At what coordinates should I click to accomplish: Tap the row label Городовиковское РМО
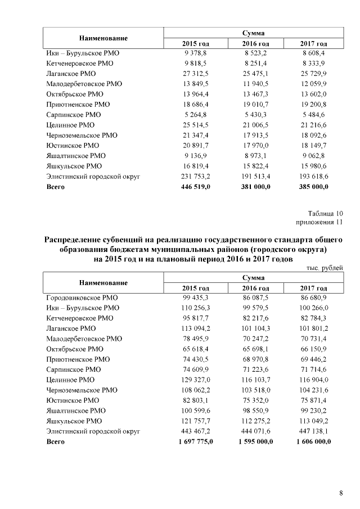click(x=82, y=298)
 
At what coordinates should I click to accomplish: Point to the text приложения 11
click(x=323, y=222)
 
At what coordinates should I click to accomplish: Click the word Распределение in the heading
click(x=76, y=240)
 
